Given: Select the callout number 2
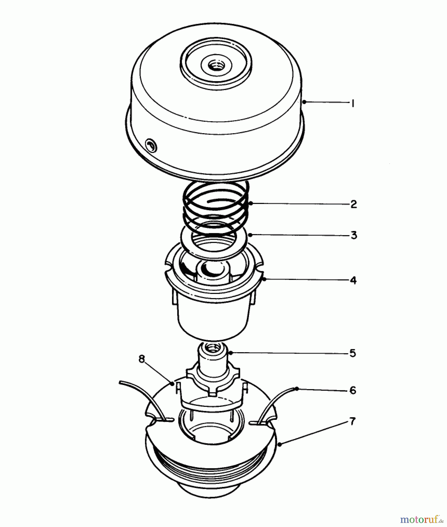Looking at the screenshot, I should tap(354, 204).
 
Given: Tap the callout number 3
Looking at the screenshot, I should tap(354, 235).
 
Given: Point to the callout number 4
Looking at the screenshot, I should tap(353, 280).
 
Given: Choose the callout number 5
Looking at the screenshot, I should tap(353, 353).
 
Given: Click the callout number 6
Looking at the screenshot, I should tap(353, 390).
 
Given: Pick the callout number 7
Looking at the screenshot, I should tap(352, 422).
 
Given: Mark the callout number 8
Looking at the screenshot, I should tap(142, 359).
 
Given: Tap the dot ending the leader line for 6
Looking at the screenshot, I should tap(297, 389).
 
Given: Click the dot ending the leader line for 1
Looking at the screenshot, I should tap(304, 102).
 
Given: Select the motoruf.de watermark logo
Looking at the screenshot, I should tap(421, 519).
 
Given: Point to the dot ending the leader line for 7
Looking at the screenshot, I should tap(280, 444).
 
